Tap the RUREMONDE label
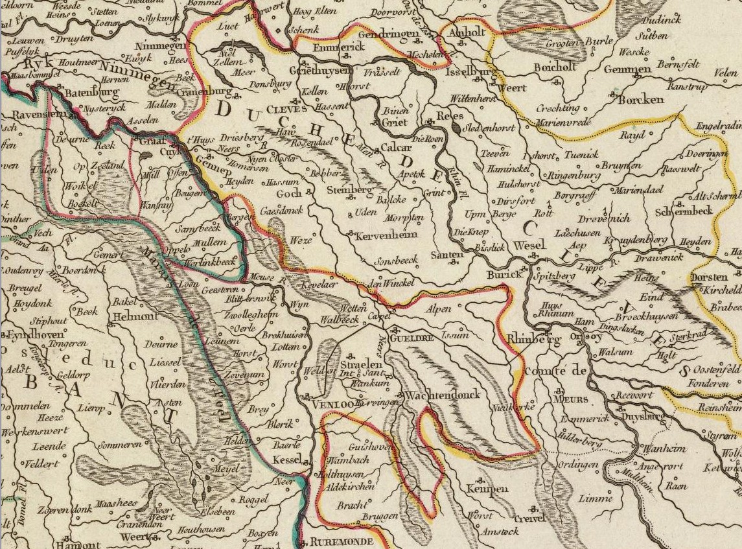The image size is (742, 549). pos(342,541)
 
